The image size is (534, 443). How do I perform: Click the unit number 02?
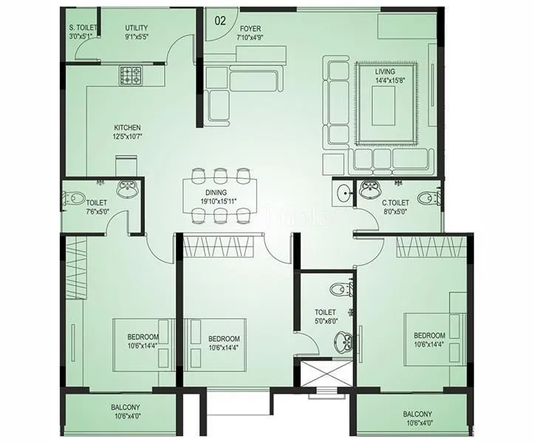click(219, 20)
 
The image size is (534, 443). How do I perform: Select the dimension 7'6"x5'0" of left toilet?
click(96, 211)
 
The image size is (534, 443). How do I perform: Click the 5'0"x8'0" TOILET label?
click(325, 312)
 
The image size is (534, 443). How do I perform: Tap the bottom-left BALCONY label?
click(126, 407)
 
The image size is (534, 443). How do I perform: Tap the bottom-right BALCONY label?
click(418, 413)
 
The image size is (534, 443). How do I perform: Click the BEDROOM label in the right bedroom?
click(428, 334)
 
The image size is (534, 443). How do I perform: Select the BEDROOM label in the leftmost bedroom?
click(143, 337)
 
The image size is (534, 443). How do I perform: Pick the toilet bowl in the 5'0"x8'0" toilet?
click(337, 289)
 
